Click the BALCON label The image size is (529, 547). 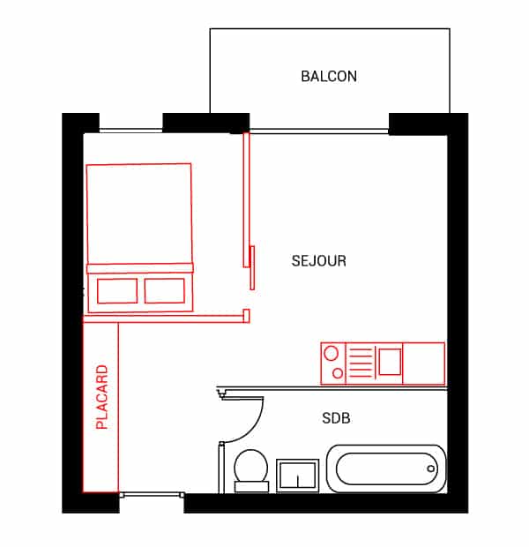click(329, 77)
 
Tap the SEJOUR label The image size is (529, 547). click(319, 261)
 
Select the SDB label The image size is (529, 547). click(336, 418)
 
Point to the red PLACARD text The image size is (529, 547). click(101, 397)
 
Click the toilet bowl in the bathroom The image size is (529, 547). click(251, 466)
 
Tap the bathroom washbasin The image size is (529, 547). click(297, 476)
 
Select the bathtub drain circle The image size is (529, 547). click(431, 468)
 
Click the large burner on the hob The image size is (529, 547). click(331, 353)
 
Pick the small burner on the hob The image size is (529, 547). click(338, 373)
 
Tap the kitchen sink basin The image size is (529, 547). click(390, 362)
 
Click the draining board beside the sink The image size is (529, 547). click(360, 363)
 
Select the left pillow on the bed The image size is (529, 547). click(117, 290)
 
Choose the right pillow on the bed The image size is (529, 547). click(165, 290)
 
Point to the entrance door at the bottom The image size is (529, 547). click(152, 494)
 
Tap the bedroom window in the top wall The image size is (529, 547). click(131, 131)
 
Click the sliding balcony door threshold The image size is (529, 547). click(319, 131)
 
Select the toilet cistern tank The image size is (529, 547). click(251, 487)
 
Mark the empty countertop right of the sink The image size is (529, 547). click(424, 363)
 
